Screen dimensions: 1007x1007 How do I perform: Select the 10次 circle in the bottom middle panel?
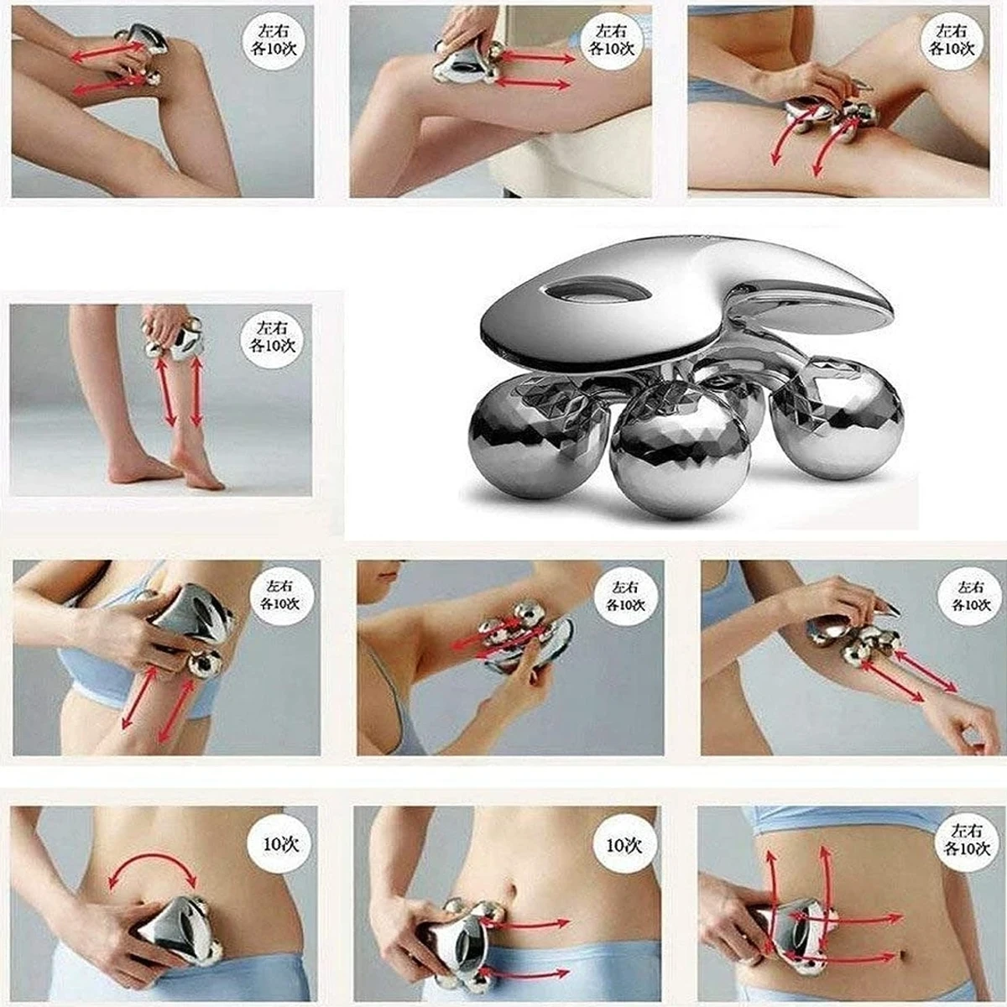point(624,844)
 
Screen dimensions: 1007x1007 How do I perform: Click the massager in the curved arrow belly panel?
point(176,931)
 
